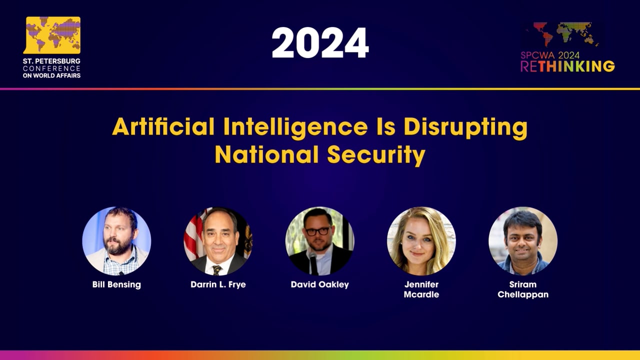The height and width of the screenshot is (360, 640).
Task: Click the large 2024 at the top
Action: pos(320,43)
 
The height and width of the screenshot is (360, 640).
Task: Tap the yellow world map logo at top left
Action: pos(52,35)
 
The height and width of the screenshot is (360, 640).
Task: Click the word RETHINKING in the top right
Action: pos(567,66)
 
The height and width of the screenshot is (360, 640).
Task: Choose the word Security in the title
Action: pos(376,155)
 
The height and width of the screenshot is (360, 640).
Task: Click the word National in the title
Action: pos(267,155)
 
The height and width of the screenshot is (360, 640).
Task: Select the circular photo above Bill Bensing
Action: pos(116,241)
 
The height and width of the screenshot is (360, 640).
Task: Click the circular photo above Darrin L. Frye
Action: pos(218,241)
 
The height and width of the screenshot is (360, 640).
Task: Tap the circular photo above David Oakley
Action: pos(319,241)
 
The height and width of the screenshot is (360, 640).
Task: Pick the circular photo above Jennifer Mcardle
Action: pos(421,241)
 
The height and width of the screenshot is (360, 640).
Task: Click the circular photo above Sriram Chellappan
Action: pos(522,241)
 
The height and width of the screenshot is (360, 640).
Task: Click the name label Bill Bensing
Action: pos(116,284)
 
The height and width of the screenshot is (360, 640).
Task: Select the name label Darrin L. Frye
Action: pos(218,284)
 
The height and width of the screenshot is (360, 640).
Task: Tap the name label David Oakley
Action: pos(319,284)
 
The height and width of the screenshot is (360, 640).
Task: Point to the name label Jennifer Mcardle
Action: pos(421,289)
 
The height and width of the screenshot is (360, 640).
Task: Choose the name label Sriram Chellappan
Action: pos(522,289)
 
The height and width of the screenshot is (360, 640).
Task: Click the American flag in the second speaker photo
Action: pos(192,235)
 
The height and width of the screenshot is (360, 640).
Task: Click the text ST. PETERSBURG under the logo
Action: pos(51,61)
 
